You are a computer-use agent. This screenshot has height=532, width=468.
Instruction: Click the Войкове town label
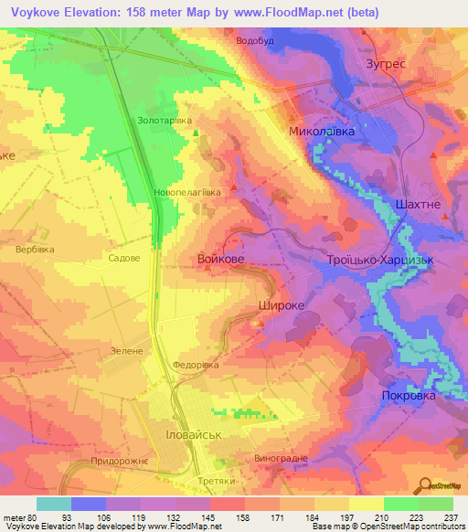pyautogui.click(x=220, y=261)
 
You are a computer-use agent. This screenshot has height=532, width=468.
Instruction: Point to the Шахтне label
pyautogui.click(x=421, y=205)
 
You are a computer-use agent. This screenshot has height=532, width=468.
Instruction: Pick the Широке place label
pyautogui.click(x=281, y=307)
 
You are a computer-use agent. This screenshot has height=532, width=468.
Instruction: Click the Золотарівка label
pyautogui.click(x=164, y=120)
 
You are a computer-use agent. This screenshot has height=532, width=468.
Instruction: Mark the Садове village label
pyautogui.click(x=123, y=259)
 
